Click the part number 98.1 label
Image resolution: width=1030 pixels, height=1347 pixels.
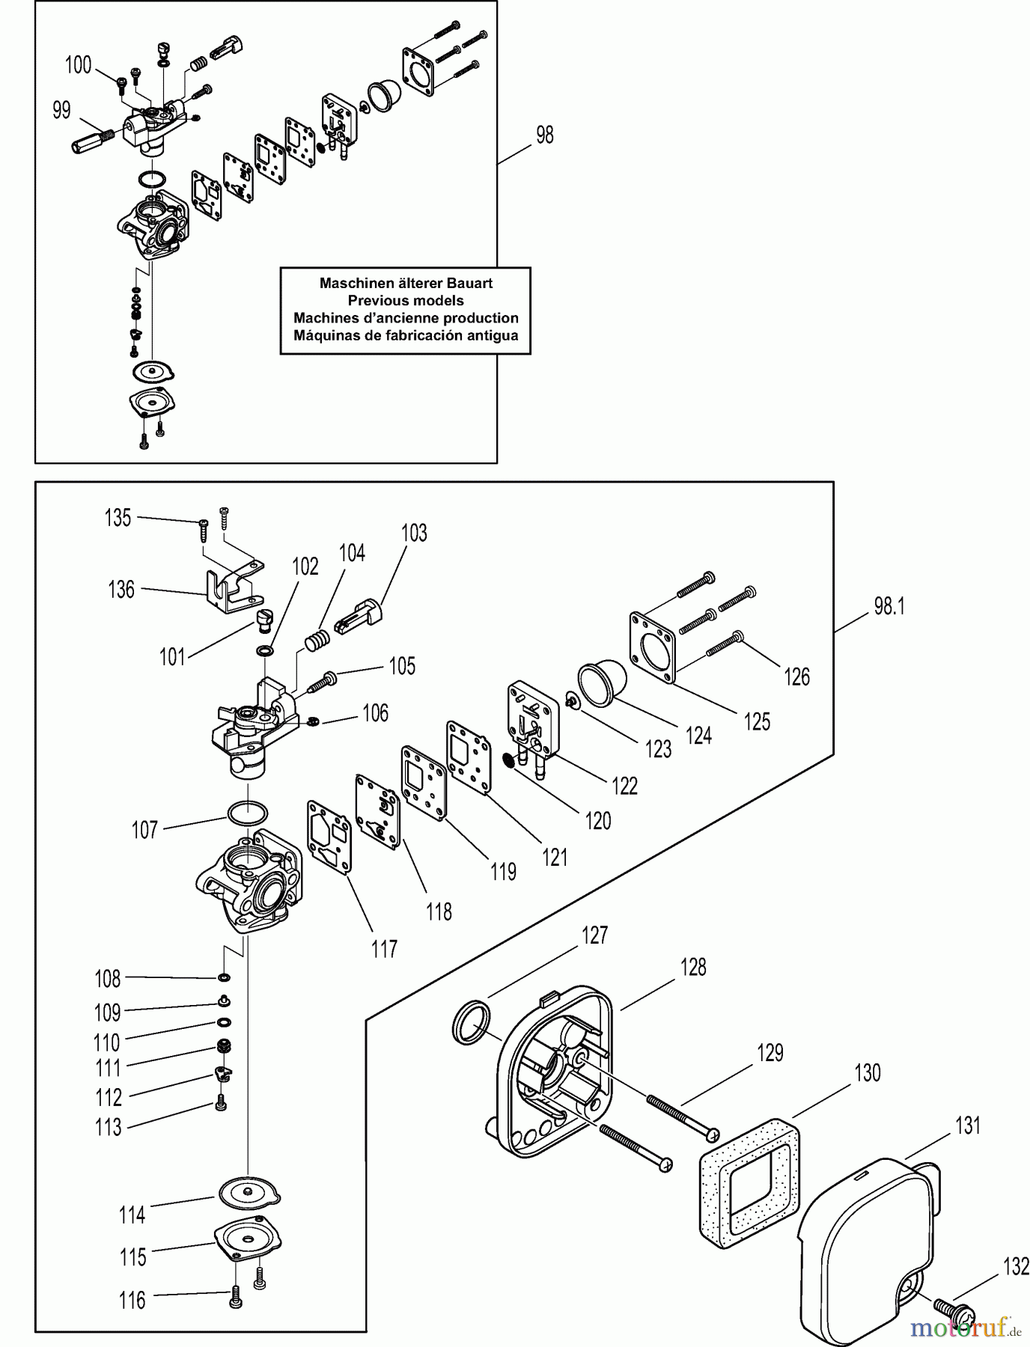(889, 607)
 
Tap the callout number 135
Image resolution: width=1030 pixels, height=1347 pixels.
(118, 518)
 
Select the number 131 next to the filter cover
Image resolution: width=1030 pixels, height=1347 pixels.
(967, 1126)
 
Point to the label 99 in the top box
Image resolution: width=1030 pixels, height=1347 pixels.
(61, 110)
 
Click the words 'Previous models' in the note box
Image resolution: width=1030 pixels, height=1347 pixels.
(406, 301)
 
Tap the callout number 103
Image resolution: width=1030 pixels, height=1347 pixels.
(414, 533)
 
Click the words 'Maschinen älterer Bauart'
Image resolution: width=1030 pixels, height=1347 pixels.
(406, 284)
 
